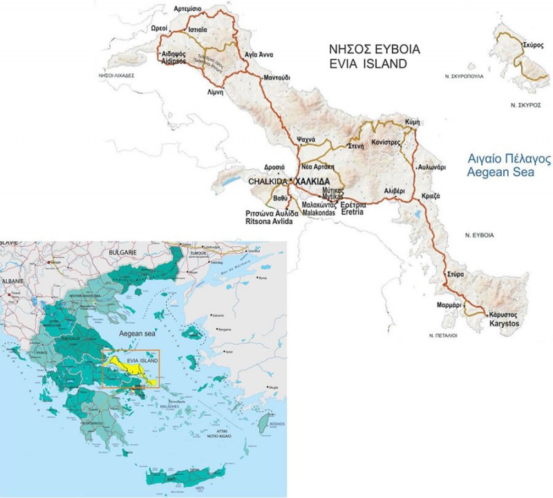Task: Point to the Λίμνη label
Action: point(198,91)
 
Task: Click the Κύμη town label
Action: point(413,120)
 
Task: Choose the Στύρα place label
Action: point(453,275)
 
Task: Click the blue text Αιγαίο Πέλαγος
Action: point(509,159)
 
